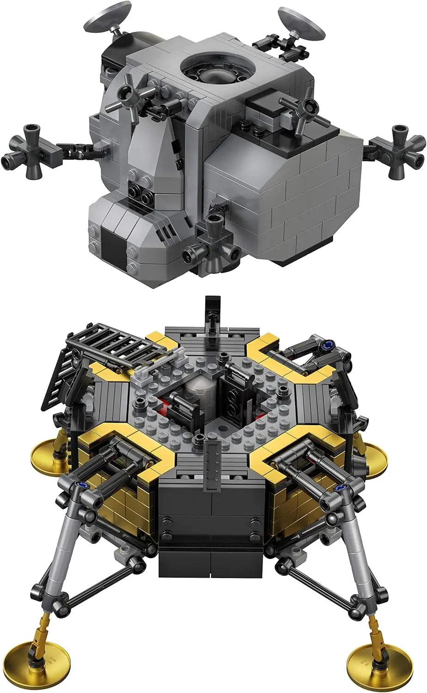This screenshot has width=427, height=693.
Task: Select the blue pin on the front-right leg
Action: coord(342,489)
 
